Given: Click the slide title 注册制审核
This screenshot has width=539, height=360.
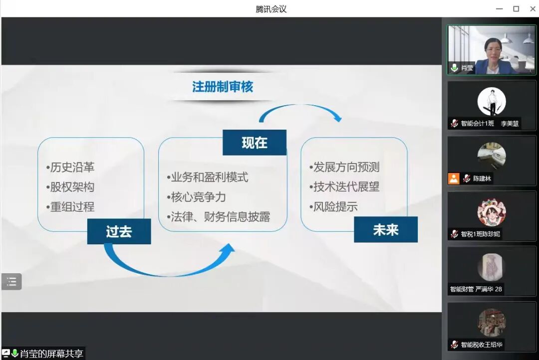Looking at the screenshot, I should (223, 87).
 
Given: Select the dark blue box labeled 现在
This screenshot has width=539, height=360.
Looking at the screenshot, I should (255, 143).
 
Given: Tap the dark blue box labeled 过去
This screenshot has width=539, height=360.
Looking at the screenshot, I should (119, 231).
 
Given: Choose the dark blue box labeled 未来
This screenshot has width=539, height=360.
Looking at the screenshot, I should (386, 230).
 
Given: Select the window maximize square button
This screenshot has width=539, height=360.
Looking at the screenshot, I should (516, 9).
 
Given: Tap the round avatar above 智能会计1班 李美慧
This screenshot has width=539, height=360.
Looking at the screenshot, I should (492, 102).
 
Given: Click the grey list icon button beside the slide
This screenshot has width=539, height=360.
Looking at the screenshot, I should (11, 282).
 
